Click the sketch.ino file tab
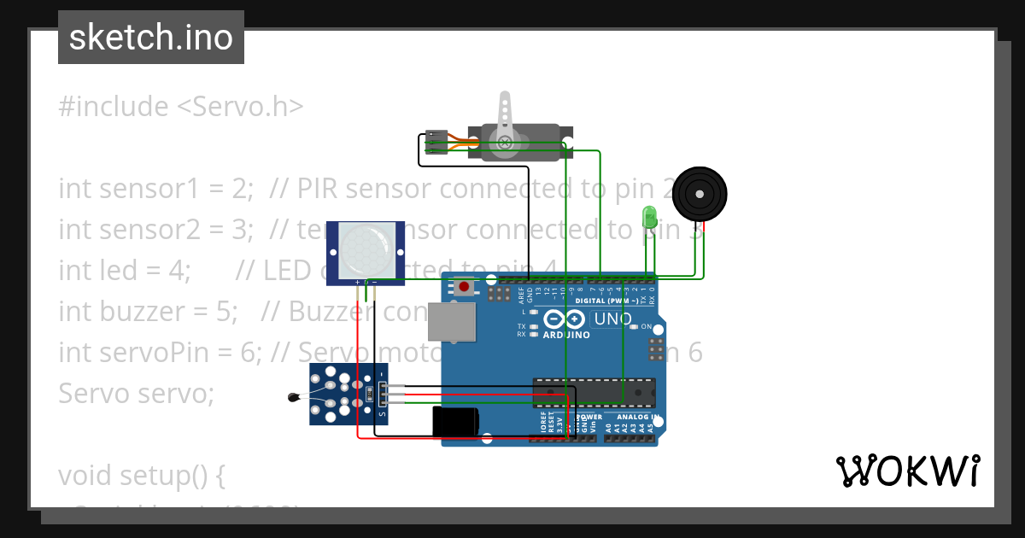tap(151, 38)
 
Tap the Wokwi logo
tap(907, 471)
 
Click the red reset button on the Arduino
tap(464, 287)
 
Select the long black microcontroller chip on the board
tap(594, 392)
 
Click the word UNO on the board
tap(613, 320)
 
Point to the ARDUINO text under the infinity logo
tap(566, 335)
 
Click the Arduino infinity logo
tap(565, 319)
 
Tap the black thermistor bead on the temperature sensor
tap(294, 396)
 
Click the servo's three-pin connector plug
tap(436, 143)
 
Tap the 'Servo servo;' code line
tap(137, 394)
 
